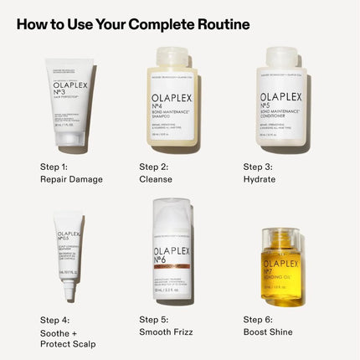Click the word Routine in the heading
pos(216,23)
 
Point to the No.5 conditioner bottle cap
pos(280,57)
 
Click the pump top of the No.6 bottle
pos(173,213)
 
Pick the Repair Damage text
pos(71,179)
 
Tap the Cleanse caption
pos(156,179)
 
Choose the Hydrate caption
pos(260,179)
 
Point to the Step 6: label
pos(260,319)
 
